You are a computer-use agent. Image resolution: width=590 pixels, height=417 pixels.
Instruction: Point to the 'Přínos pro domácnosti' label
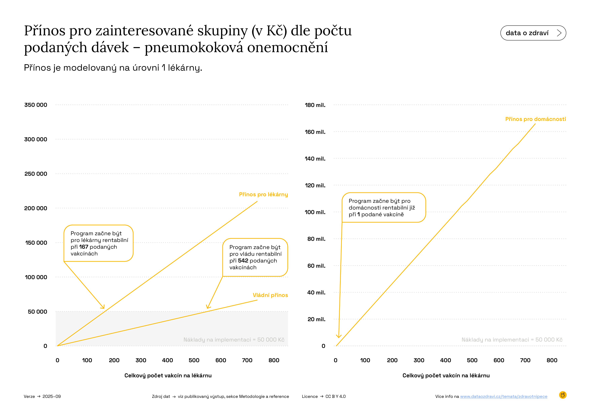pos(535,119)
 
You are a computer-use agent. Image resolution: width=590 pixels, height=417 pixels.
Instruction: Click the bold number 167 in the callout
pos(83,247)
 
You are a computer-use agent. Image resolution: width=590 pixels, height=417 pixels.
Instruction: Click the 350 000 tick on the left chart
pos(36,105)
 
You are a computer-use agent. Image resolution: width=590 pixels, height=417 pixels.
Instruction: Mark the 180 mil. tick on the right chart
pos(315,105)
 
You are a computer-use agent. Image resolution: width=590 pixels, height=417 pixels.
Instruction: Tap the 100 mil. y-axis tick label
pos(315,212)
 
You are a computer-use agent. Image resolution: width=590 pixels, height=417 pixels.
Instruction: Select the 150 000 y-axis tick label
pos(36,243)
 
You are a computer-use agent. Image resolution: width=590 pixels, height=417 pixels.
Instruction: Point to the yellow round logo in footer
pos(563,395)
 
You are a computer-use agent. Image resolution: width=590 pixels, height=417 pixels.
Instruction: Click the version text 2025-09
pos(52,396)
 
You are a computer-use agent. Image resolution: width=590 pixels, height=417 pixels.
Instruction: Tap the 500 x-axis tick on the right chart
pos(472,360)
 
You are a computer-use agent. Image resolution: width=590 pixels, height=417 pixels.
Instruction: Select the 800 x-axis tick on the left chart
pos(274,360)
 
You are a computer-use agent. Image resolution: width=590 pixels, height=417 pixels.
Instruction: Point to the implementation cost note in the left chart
pos(234,340)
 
